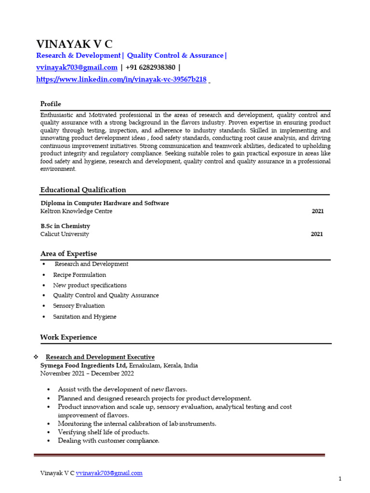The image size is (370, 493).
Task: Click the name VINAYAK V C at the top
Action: tap(74, 44)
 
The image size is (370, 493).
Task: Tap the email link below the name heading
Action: tap(77, 67)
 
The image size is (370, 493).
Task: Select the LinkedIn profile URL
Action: tap(121, 79)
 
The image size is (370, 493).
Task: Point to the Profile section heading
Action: tap(51, 104)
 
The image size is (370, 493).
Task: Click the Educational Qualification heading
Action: tap(83, 190)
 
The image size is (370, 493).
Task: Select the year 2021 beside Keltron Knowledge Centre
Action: tap(317, 211)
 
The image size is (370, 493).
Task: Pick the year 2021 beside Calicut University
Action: tap(317, 234)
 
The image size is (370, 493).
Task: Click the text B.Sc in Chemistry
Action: tap(65, 226)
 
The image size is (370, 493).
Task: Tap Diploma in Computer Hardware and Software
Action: tap(105, 203)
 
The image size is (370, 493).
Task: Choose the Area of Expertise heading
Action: tap(68, 254)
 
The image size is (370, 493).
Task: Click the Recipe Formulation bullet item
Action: tap(79, 275)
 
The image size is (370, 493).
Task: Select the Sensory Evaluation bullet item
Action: tap(79, 306)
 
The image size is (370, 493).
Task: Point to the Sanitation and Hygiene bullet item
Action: tap(84, 317)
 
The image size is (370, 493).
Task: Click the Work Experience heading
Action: tap(68, 337)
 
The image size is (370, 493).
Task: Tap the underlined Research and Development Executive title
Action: tap(100, 357)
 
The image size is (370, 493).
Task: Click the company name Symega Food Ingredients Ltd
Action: tap(84, 365)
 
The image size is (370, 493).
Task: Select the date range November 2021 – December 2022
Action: tap(87, 373)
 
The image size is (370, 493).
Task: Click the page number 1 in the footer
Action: tap(340, 479)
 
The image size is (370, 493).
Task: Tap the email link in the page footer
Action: tap(109, 473)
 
